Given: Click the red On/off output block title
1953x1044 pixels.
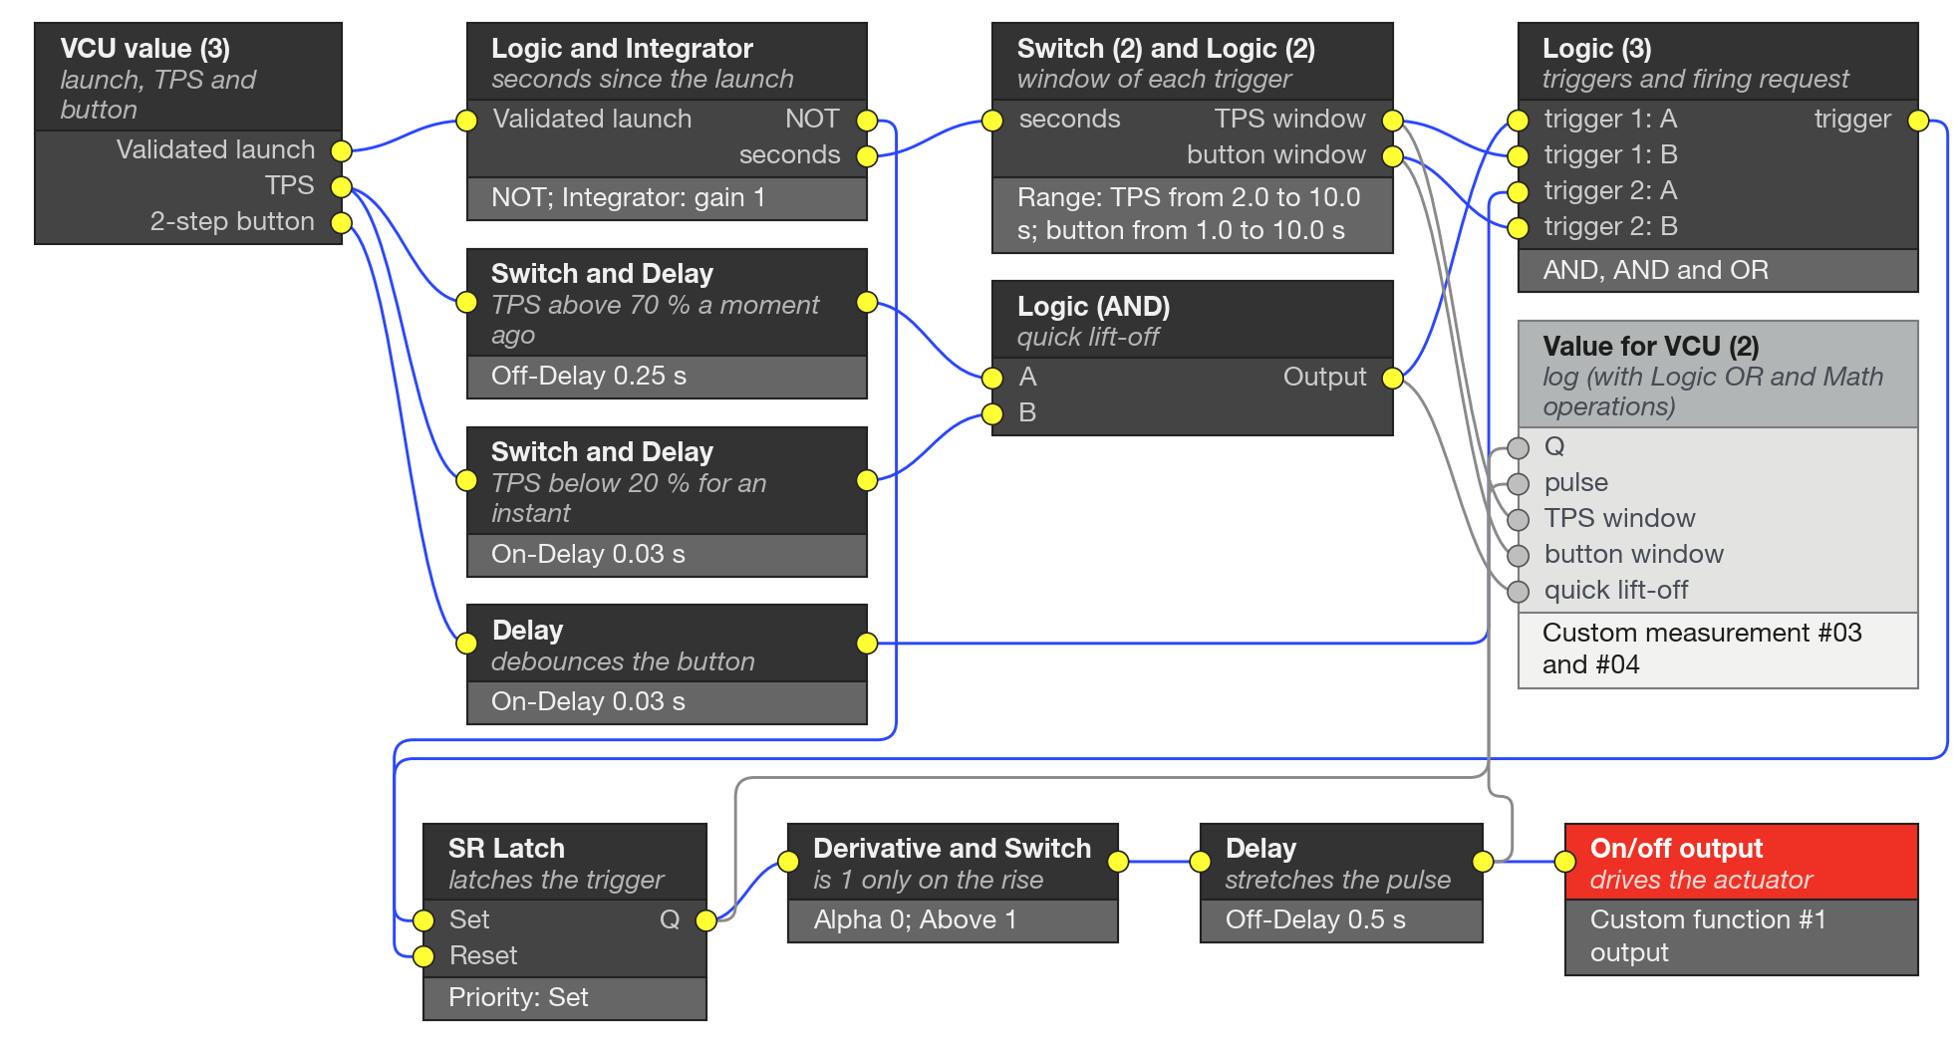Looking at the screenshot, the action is point(1676,849).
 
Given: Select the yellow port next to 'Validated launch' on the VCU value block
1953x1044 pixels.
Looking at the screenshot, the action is point(342,150).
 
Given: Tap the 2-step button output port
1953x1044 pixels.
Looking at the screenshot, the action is point(342,222).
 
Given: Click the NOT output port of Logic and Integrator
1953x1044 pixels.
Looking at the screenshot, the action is point(867,121).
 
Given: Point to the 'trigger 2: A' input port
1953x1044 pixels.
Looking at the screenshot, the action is point(1518,192).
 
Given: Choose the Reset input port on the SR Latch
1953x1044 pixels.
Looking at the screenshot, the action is point(423,956).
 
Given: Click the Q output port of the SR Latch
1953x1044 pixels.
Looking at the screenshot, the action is point(706,920).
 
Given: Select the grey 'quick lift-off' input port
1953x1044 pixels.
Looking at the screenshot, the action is point(1518,592).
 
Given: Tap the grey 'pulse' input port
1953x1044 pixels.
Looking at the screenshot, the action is point(1518,484).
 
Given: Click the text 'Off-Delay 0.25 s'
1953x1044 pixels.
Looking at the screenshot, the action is point(588,376).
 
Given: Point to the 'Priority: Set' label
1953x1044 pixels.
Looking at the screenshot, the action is point(518,997).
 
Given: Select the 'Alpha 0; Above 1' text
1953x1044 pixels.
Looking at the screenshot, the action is point(915,919).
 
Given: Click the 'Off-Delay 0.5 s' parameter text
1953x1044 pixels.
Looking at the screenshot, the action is point(1315,919).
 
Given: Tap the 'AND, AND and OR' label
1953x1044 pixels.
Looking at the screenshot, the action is point(1655,270).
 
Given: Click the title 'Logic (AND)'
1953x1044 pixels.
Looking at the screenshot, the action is point(1093,306).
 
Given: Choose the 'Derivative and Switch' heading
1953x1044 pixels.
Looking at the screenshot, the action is point(952,848).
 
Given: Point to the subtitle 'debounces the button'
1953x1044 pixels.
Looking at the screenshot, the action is point(623,661).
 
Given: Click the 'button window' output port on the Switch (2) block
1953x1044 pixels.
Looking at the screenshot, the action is point(1393,156).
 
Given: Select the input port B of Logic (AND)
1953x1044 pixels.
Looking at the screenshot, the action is point(992,414).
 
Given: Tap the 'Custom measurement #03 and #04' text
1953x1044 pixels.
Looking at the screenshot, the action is point(1701,649).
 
